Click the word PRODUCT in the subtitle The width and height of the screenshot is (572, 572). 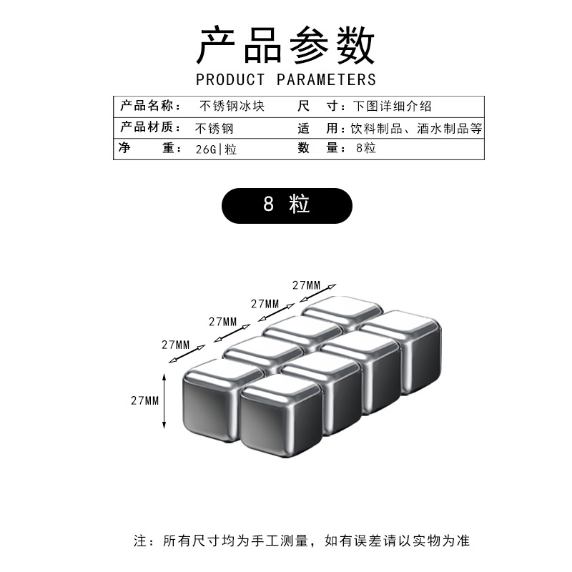pos(230,79)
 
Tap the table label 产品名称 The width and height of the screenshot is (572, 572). pos(147,107)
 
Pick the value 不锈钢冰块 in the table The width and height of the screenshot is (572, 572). pos(232,107)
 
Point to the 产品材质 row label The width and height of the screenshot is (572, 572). pos(147,129)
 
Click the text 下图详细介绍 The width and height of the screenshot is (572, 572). pos(392,107)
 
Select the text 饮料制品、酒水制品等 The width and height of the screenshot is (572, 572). pos(417,129)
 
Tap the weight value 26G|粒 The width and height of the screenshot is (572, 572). pos(216,149)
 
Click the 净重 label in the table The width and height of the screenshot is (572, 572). pos(147,149)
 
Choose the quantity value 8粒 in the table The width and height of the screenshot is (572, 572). pos(365,149)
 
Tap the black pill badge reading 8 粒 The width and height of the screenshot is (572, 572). pos(286,205)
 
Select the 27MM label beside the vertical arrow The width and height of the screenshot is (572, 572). pos(144,400)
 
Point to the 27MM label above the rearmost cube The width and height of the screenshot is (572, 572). pos(307,285)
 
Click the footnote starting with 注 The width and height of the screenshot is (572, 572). pos(301,541)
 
